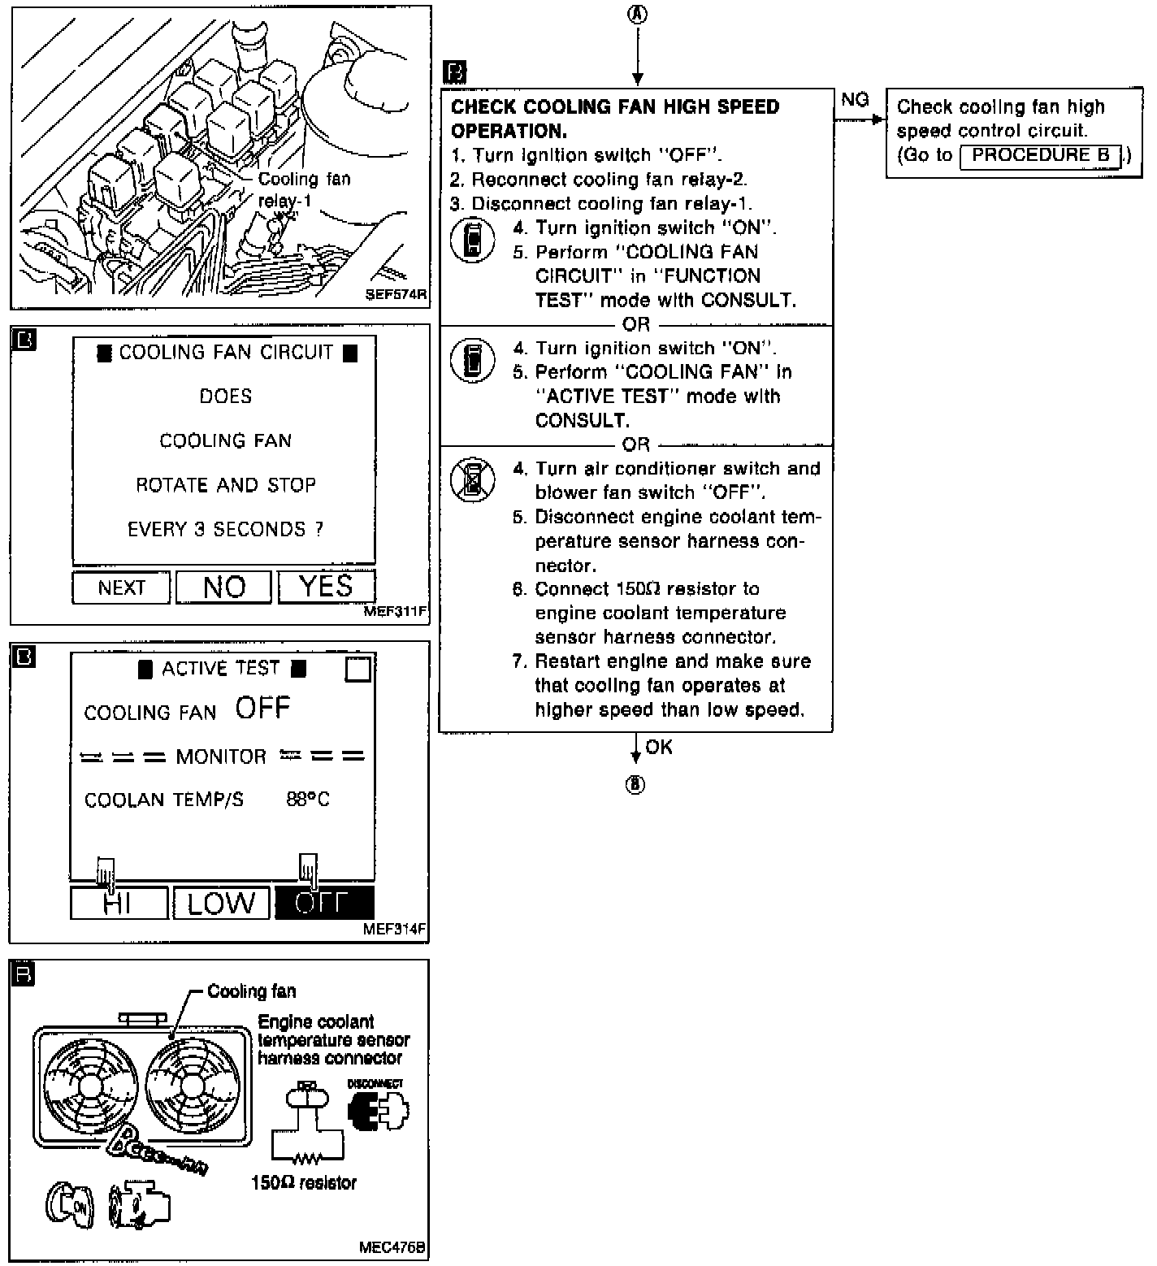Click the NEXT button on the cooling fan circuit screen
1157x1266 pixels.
pos(121,587)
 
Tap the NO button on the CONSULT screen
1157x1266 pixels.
pos(223,587)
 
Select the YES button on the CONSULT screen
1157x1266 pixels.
pos(326,587)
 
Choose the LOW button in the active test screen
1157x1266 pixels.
pos(221,904)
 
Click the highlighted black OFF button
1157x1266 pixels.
pos(324,903)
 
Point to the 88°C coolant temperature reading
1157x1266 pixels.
pos(308,800)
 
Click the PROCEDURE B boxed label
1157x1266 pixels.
pos(1040,155)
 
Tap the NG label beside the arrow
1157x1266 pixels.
pos(855,99)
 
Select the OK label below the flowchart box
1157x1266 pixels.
pos(659,747)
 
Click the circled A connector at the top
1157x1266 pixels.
pos(638,14)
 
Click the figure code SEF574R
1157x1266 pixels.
pos(396,294)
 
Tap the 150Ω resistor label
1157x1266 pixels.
pos(304,1183)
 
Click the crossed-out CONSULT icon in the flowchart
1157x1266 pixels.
pos(472,480)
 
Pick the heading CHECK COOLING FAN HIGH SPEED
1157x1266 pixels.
pos(614,107)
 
